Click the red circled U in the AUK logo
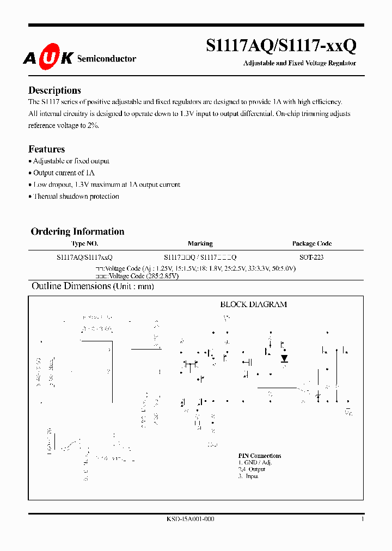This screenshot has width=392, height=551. [48, 58]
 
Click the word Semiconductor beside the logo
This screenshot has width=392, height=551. [107, 58]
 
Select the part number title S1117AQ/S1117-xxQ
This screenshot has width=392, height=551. [281, 46]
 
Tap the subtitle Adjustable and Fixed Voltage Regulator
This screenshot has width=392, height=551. [299, 63]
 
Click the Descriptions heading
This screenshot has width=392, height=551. [54, 90]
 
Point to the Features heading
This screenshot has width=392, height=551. [46, 149]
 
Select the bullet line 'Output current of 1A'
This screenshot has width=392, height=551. [64, 173]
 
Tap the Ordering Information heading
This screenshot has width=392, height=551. [77, 231]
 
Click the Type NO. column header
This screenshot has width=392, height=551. [84, 243]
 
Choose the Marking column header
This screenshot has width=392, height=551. [200, 243]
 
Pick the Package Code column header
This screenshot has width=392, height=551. [311, 243]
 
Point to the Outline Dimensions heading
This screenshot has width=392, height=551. [71, 286]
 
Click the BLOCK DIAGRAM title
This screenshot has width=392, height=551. [253, 304]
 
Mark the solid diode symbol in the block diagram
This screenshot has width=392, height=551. [284, 358]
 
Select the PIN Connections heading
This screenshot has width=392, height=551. [260, 456]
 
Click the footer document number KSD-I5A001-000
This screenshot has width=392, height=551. [190, 519]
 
